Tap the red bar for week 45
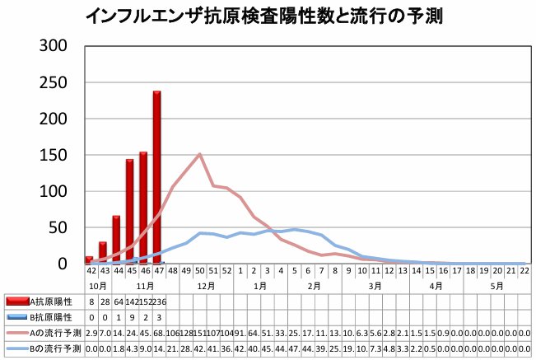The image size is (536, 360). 129,211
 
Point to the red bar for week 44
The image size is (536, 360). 116,240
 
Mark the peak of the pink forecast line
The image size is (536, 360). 200,154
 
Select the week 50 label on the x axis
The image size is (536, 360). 200,270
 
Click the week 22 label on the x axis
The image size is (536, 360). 523,270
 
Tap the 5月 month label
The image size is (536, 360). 496,285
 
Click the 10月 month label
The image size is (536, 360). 96,285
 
